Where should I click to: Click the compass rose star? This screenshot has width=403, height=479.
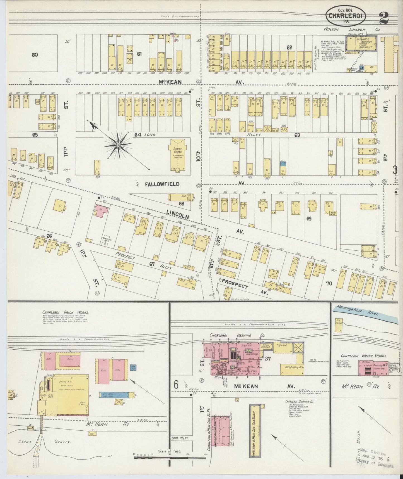click(118, 145)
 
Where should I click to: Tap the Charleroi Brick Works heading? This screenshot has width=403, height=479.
click(65, 313)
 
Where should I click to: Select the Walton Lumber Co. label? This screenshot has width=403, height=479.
click(351, 29)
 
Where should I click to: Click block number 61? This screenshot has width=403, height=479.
click(139, 54)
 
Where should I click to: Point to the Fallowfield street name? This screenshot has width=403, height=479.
click(162, 184)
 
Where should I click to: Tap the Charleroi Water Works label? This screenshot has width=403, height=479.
click(363, 356)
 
